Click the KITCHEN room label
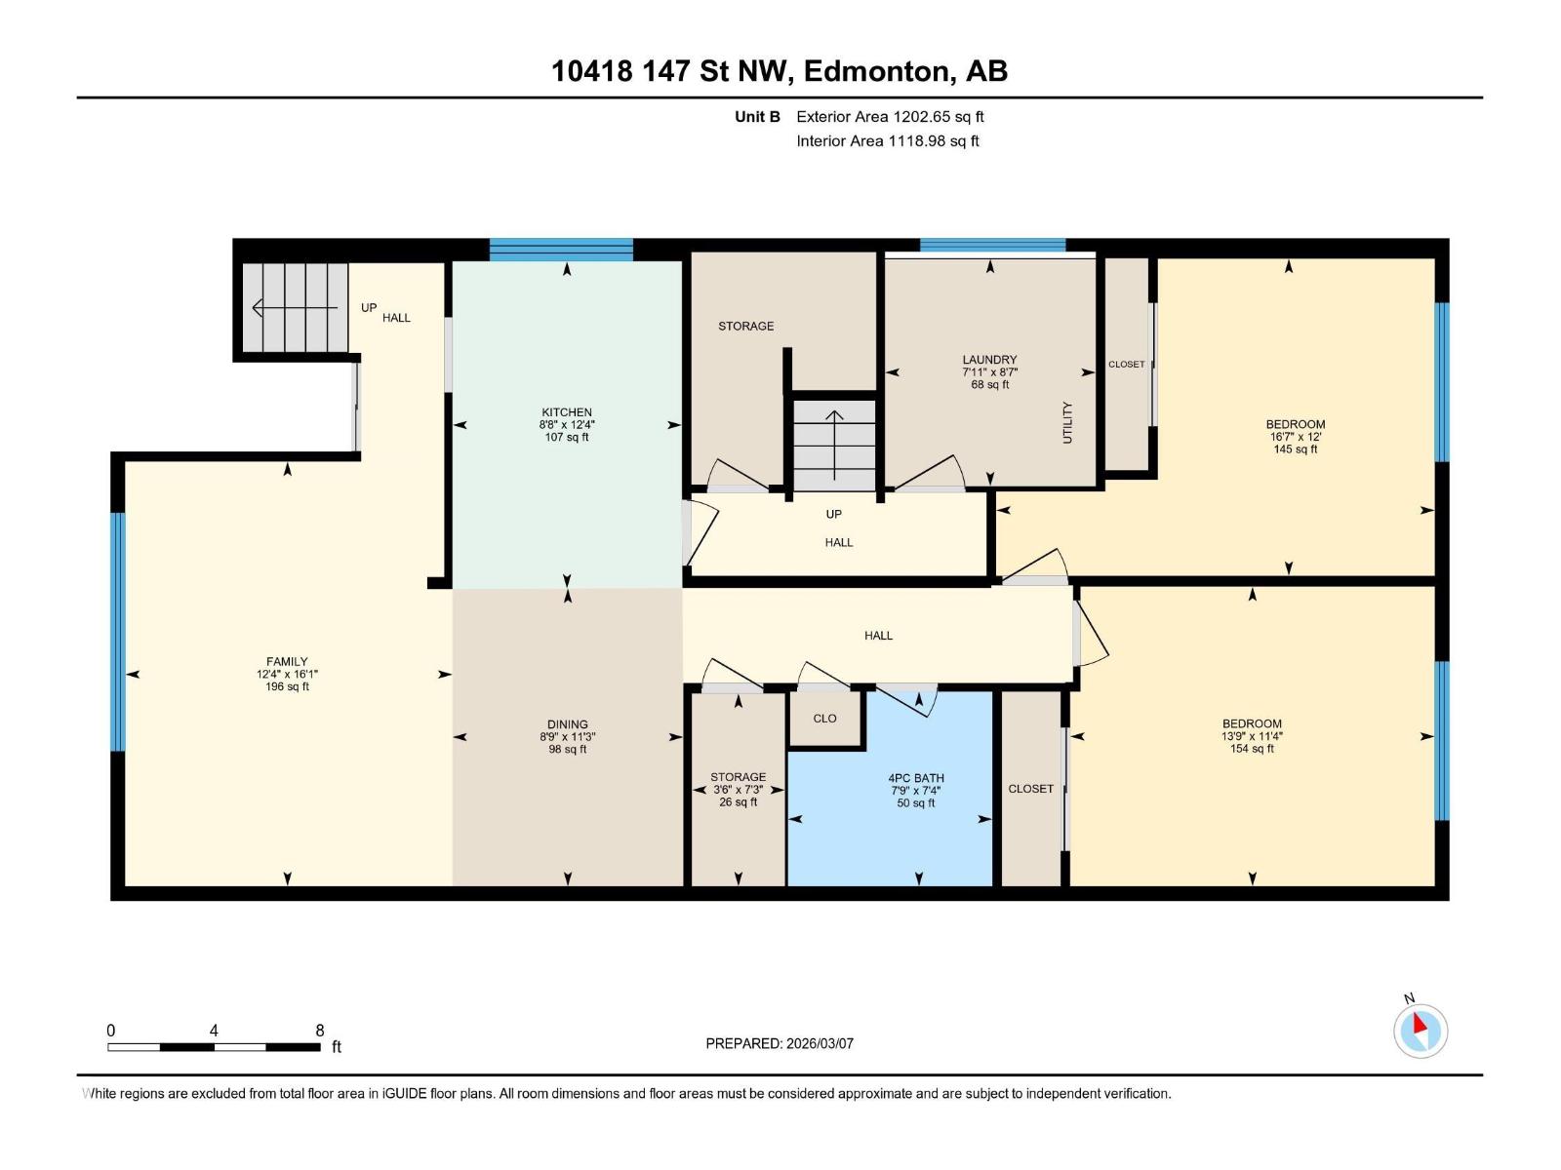coord(567,412)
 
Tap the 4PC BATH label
coord(916,778)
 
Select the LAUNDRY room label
coord(989,360)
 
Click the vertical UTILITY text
coord(1067,422)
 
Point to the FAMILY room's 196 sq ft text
coord(287,686)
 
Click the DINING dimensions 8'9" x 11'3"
coord(567,737)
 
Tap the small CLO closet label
coord(824,719)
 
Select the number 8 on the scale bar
coord(320,1031)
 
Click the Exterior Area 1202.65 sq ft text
coord(890,117)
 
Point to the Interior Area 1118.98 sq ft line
coord(887,141)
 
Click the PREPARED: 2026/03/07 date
coord(780,1043)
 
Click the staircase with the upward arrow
coord(834,445)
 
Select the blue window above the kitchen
coord(561,251)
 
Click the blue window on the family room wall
coord(118,632)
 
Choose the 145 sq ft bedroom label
coord(1295,449)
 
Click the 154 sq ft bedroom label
coord(1252,749)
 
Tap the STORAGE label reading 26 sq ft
coord(738,801)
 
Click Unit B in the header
coord(757,117)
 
